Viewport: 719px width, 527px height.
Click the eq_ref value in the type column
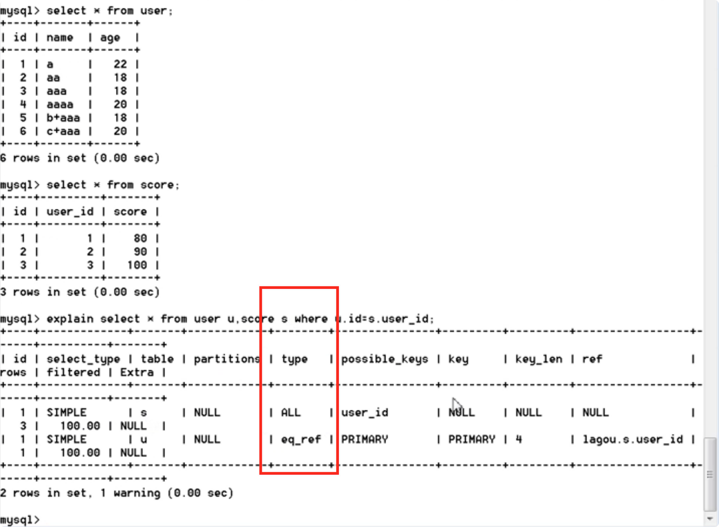[301, 439]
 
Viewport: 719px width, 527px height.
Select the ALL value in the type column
[291, 413]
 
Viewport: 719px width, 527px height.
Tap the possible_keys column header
[385, 359]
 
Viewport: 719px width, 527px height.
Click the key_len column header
[539, 359]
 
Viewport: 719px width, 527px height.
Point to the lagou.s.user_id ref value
[632, 439]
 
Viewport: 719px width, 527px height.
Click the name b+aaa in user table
[63, 118]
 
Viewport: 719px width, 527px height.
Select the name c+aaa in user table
[63, 131]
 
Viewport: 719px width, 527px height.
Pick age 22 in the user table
[120, 64]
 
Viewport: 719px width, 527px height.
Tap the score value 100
[137, 265]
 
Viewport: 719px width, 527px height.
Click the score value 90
[140, 252]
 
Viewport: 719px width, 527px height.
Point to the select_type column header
[83, 359]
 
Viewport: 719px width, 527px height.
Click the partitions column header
[227, 359]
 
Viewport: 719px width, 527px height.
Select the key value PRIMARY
[472, 439]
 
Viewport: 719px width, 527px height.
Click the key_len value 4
[518, 439]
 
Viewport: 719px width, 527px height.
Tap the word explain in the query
[70, 319]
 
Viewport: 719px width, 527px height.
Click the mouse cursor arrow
[456, 405]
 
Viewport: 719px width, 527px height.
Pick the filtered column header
[73, 372]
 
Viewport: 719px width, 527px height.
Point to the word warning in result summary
[137, 493]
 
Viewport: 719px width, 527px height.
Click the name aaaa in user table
[60, 105]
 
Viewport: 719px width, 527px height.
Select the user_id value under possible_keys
[364, 413]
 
